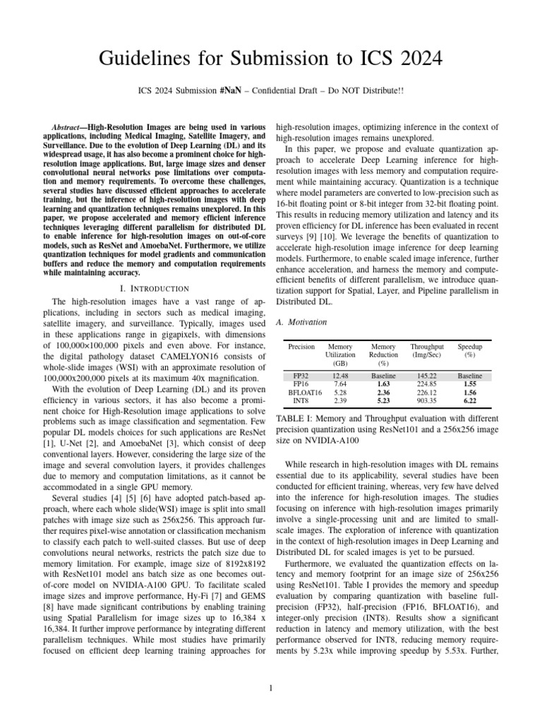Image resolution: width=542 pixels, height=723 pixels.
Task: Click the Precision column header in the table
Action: [x=302, y=347]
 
